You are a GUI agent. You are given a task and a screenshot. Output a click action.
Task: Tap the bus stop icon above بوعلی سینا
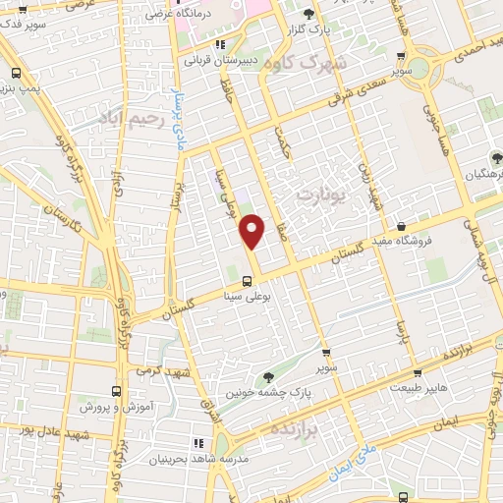click(246, 278)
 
